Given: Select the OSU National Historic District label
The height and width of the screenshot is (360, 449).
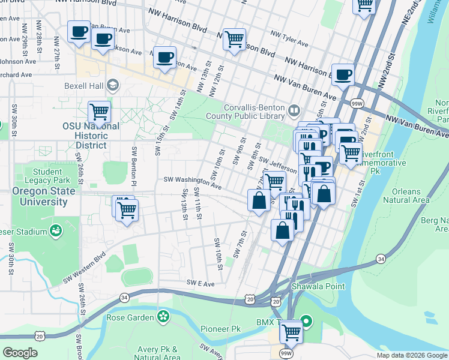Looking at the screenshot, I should point(91,136).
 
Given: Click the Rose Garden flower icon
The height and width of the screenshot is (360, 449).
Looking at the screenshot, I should point(163,316).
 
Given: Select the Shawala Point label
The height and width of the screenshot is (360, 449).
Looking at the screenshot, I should point(319,286).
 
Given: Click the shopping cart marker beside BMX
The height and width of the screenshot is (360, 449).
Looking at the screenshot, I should point(291,331).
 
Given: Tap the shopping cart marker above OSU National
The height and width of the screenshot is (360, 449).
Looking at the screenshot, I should point(99,112).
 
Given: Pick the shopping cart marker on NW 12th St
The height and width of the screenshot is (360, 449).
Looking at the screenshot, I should point(234,40).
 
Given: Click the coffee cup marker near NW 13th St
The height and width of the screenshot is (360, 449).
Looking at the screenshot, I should point(165,58).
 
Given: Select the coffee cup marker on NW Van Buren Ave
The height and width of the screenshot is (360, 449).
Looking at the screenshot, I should point(342,75).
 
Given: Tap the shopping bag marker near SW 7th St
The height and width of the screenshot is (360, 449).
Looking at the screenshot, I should point(259,200).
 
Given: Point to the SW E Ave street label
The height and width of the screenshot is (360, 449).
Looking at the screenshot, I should point(200,283).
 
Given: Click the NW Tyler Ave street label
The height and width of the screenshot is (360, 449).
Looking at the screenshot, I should point(289,38).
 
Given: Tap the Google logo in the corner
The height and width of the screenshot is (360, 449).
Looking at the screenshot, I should point(20,353).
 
